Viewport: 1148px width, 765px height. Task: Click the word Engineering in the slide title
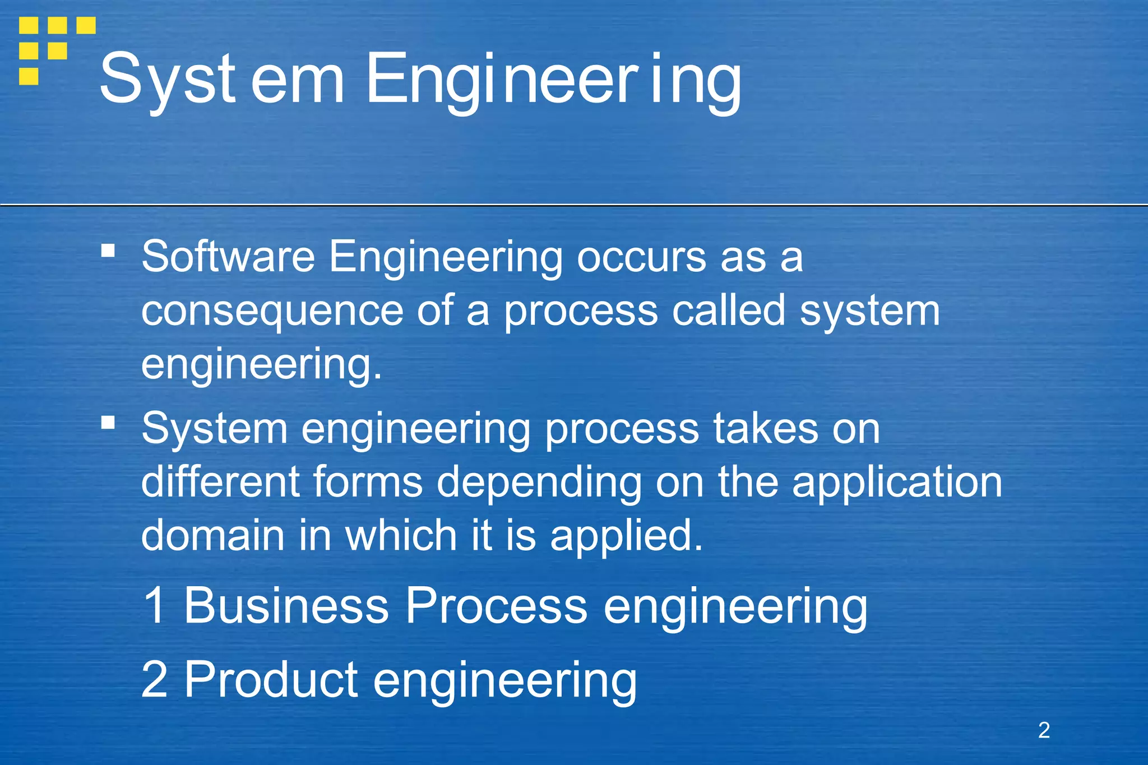[x=553, y=80]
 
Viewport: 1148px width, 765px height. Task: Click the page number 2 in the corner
[x=1044, y=730]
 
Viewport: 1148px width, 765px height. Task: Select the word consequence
[x=272, y=312]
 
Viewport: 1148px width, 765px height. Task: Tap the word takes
[x=765, y=429]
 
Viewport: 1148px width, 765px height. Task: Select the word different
[x=220, y=482]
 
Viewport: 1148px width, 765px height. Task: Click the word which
[x=401, y=535]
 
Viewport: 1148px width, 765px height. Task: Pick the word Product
[x=271, y=679]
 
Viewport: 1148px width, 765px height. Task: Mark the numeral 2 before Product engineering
[x=154, y=679]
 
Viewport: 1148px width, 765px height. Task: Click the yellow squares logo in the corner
[x=56, y=49]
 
